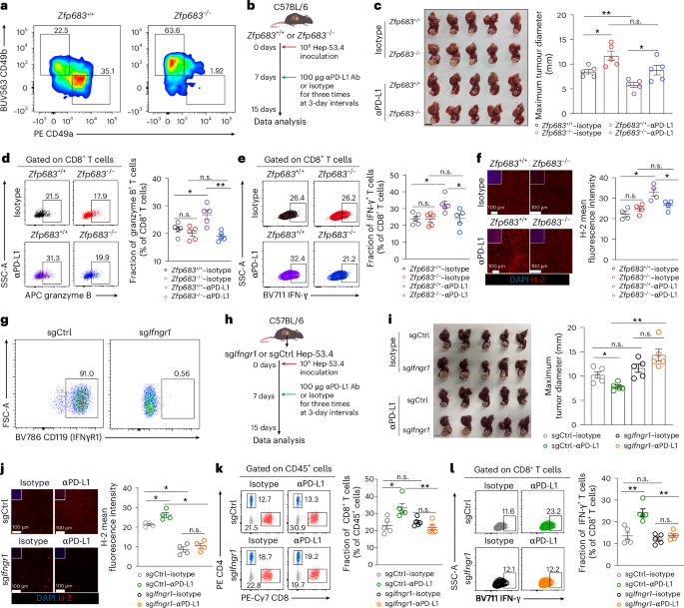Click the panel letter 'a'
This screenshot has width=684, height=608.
(5, 7)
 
